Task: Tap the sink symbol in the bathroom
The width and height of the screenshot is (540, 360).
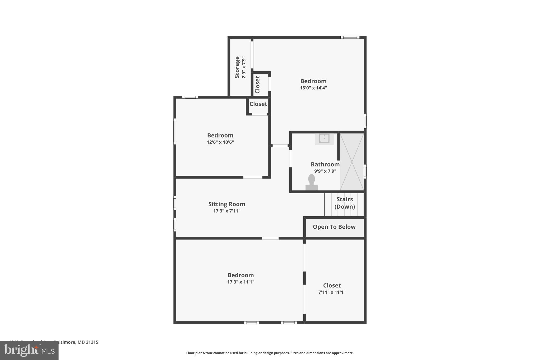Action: click(x=324, y=138)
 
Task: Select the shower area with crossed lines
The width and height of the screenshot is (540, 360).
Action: click(x=352, y=162)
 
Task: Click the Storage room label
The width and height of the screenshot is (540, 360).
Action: click(x=237, y=67)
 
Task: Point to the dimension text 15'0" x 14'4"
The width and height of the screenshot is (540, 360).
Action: click(x=313, y=88)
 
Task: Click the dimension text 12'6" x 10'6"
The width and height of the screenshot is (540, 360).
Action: click(x=220, y=142)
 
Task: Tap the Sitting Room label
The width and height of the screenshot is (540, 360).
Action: click(x=226, y=204)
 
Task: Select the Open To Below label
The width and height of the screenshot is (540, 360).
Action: click(x=334, y=227)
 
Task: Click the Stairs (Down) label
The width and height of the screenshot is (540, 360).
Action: click(x=345, y=203)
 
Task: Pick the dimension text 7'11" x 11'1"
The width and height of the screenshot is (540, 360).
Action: click(x=332, y=292)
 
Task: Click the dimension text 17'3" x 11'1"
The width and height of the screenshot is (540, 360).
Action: click(x=240, y=282)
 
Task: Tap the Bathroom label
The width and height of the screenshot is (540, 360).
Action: click(x=325, y=164)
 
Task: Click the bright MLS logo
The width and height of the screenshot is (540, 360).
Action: click(x=29, y=350)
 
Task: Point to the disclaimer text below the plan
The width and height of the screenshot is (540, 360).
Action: click(x=270, y=353)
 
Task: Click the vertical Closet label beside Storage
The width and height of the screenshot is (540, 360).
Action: click(x=258, y=84)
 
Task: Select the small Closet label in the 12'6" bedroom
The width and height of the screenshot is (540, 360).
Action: click(x=258, y=104)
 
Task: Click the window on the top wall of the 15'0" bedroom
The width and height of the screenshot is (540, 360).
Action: click(x=350, y=37)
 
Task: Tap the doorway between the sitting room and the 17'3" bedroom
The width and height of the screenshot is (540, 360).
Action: click(x=270, y=238)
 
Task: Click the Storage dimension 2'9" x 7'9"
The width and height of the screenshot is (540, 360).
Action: click(x=244, y=67)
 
